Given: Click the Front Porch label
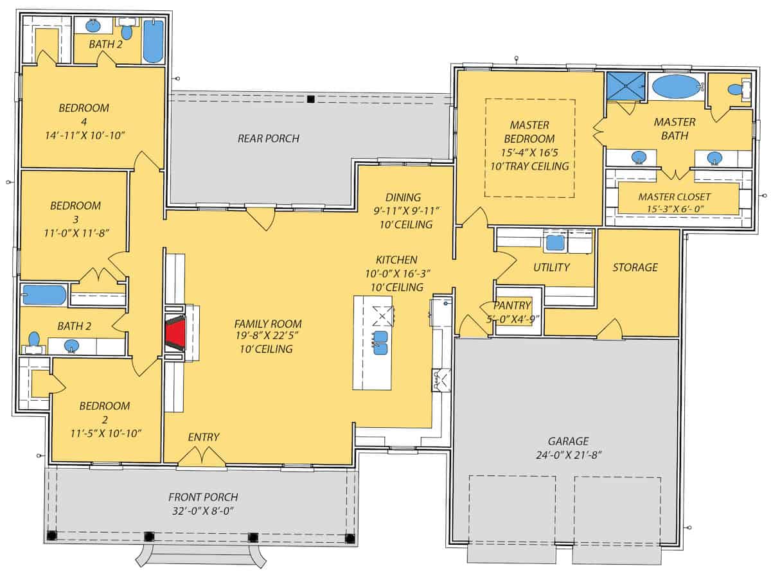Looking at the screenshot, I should [203, 497].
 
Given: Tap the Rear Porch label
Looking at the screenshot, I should [269, 138].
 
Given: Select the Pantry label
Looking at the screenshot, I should [512, 306].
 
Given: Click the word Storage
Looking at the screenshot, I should [635, 267].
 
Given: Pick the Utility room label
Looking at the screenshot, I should [551, 267].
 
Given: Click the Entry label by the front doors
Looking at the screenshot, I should [204, 437].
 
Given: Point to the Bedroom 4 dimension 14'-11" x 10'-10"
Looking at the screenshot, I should [84, 135].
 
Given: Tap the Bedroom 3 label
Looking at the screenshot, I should [75, 206].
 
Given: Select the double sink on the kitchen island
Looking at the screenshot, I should [380, 342].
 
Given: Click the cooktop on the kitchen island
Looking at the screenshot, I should [382, 314].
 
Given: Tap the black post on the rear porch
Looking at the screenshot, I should [310, 99].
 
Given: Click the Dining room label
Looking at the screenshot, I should [403, 197].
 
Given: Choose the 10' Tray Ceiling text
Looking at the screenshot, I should [529, 166].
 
